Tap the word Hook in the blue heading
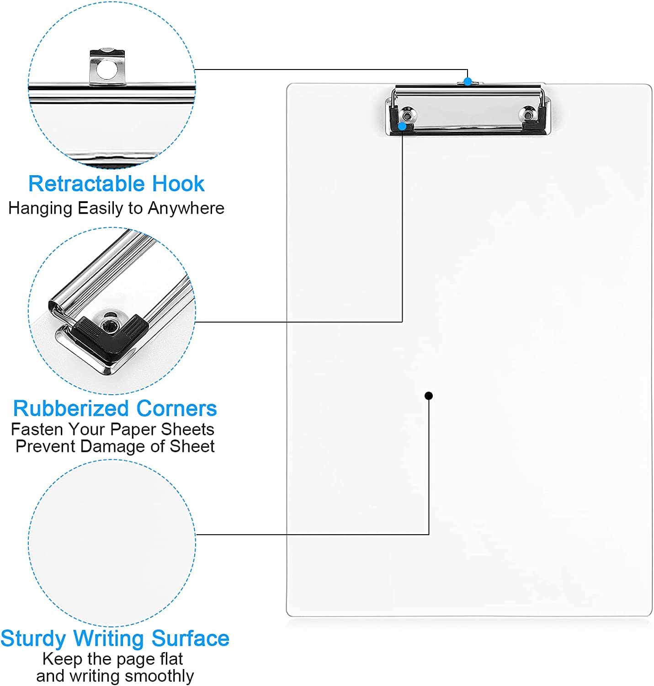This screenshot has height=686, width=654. pos(178,183)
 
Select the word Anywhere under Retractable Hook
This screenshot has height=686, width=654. pos(186,209)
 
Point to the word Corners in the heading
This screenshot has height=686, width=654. pos(176,408)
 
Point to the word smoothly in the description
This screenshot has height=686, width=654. pos(159,676)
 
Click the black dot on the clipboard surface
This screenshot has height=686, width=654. pos(429,396)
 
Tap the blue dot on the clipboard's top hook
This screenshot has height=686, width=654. pos(468,82)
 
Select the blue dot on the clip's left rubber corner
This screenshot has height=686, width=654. pos(402,126)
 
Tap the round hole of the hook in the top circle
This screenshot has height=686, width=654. pos(107,69)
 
